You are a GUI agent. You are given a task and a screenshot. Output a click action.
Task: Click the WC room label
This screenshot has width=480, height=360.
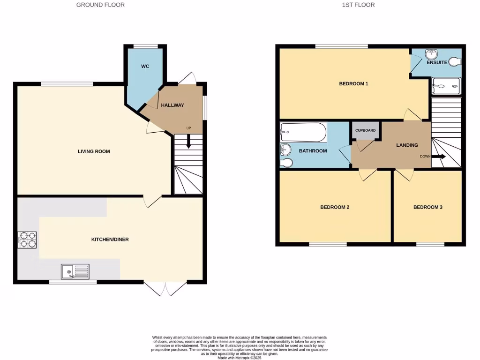pos(145,67)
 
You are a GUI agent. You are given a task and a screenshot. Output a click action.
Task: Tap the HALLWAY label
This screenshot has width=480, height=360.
pos(172,105)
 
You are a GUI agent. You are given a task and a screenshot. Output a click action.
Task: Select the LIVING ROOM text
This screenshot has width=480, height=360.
pos(94,151)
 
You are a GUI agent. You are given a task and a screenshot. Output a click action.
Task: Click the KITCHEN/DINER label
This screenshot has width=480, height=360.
pos(110,240)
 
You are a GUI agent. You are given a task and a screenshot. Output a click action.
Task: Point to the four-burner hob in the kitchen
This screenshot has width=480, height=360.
pos(27,240)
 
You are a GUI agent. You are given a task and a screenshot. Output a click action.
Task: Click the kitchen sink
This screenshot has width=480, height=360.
pos(75,271)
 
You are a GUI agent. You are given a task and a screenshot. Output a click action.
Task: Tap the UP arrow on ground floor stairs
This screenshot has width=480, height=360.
pos(188,141)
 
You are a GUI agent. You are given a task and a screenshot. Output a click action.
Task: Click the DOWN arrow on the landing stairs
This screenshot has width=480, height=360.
pos(439,157)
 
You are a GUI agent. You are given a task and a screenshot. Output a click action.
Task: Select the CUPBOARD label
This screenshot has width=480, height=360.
pos(365,130)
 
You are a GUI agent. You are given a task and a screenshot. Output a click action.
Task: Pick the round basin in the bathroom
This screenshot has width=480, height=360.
pos(285,150)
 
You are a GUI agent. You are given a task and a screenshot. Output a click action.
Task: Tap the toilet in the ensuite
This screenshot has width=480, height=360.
pos(454,61)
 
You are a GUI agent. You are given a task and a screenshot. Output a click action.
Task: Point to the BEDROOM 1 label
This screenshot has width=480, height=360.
pos(353,84)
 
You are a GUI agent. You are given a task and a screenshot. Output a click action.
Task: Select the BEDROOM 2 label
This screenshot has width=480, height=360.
pos(335,207)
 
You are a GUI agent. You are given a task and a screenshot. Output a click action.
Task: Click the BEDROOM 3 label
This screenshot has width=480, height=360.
pos(427,207)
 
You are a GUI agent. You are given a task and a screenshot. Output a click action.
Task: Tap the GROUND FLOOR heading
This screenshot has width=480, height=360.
pos(100,5)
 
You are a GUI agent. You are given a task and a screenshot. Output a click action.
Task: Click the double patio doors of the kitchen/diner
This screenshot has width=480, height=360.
pos(166,288)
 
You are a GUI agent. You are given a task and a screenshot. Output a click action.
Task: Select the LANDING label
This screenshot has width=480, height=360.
pos(407,145)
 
